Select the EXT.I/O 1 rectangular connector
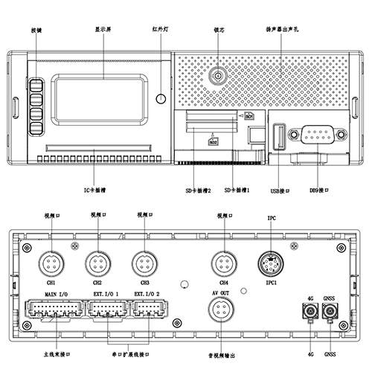coord(106,312)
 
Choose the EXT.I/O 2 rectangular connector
coord(147,312)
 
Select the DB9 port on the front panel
coord(315,135)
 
